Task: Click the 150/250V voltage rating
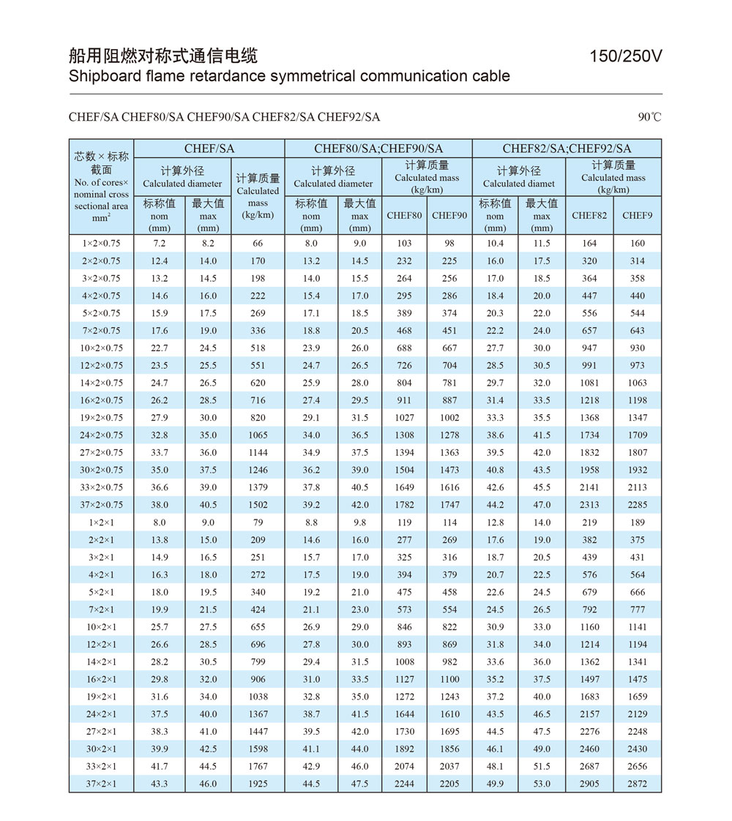click(626, 56)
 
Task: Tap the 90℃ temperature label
click(649, 117)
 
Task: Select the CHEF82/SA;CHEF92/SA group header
click(567, 149)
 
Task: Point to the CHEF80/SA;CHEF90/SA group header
click(378, 149)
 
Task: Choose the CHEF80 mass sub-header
click(404, 215)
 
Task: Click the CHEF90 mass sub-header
click(449, 215)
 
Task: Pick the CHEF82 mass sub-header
click(589, 215)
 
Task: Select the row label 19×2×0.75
click(101, 418)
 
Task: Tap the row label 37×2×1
click(101, 784)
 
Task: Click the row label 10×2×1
click(101, 627)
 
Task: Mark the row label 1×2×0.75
click(101, 244)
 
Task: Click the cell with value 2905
click(589, 784)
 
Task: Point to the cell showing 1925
click(258, 784)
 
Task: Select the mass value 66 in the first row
click(258, 244)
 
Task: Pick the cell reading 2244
click(404, 784)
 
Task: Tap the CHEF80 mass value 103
click(404, 244)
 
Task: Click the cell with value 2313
click(589, 505)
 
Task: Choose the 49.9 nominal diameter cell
click(496, 784)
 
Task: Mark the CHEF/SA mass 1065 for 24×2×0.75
click(258, 435)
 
